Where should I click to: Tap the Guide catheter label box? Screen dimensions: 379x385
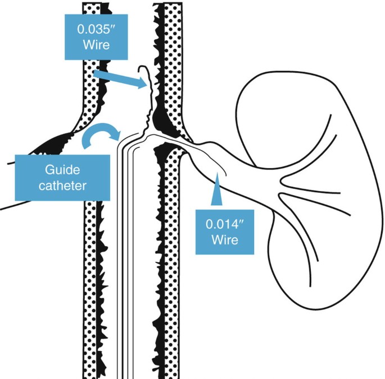62,177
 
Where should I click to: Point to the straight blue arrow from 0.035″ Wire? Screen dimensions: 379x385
120,79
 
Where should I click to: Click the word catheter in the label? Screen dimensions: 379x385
62,186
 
